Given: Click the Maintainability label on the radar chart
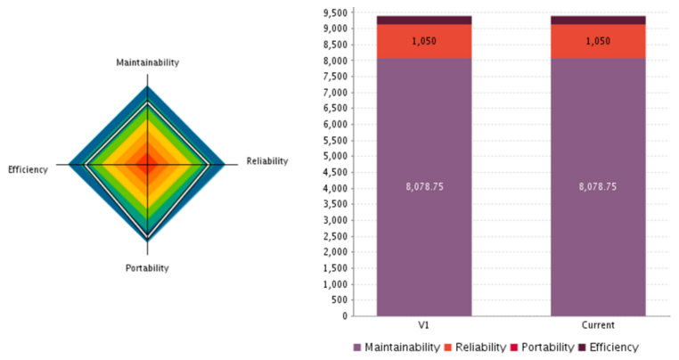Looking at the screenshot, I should click(148, 62).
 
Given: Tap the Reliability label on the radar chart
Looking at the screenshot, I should click(267, 161).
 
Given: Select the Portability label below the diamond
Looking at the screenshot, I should click(147, 267).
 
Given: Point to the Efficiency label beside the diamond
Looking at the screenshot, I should click(28, 169).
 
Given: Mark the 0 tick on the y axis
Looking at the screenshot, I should click(343, 315).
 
